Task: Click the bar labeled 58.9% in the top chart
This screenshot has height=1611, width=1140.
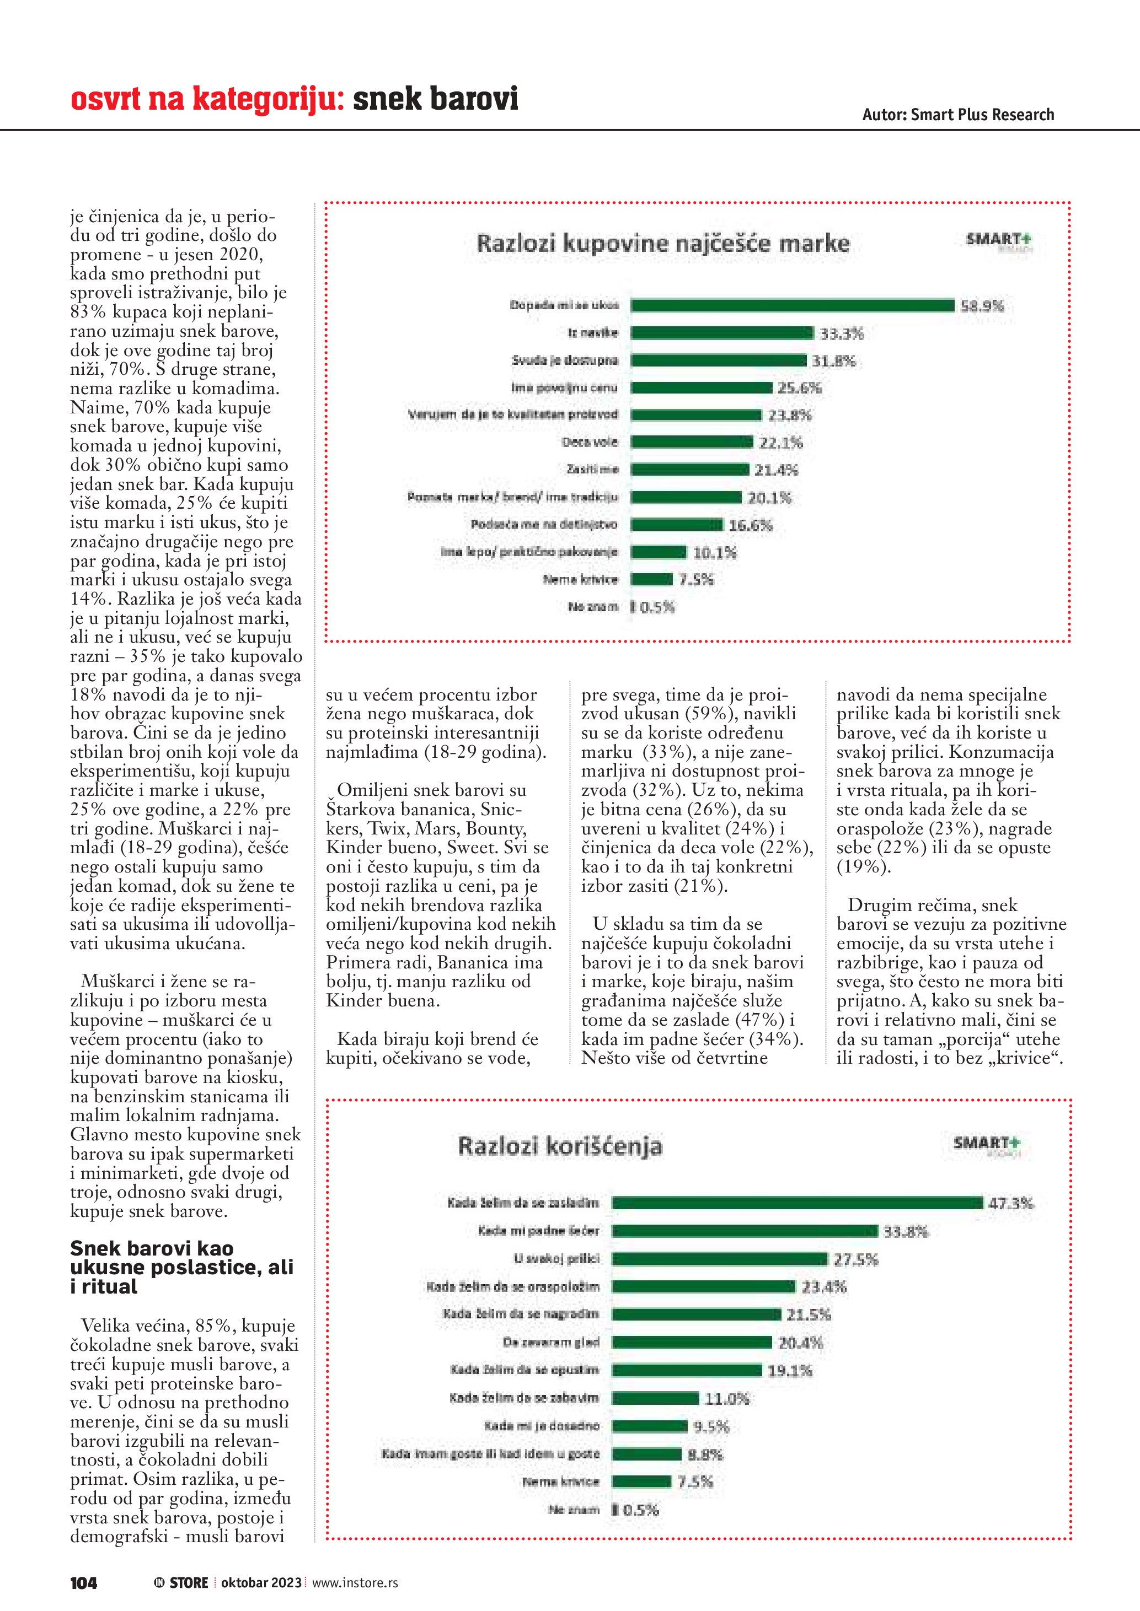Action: pos(792,305)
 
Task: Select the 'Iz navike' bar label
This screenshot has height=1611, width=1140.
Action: pos(593,332)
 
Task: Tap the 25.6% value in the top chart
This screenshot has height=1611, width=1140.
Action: pos(800,388)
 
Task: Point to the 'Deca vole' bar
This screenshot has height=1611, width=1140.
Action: pos(692,442)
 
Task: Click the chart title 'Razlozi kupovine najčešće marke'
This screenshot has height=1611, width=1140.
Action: pos(663,244)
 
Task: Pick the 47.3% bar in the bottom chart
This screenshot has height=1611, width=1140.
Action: pos(797,1203)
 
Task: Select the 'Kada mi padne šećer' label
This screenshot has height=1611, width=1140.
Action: pos(538,1231)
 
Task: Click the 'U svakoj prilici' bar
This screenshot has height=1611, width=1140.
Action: pos(720,1259)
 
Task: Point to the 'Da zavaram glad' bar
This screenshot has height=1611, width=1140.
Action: pos(692,1342)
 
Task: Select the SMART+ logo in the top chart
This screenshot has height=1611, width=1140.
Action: pos(998,241)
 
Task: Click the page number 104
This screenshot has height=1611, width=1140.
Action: pos(83,1582)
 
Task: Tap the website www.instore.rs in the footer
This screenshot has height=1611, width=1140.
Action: pos(355,1582)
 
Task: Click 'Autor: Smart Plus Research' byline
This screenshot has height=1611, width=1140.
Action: pos(957,115)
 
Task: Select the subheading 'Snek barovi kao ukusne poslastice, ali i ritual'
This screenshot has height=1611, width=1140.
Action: pos(181,1267)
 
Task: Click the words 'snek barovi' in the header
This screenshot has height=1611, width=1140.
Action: pos(435,99)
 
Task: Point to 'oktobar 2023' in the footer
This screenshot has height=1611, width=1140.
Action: pos(261,1582)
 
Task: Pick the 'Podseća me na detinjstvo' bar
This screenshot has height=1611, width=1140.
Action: pos(676,525)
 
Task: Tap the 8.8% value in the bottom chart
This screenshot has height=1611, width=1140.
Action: pos(705,1454)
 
